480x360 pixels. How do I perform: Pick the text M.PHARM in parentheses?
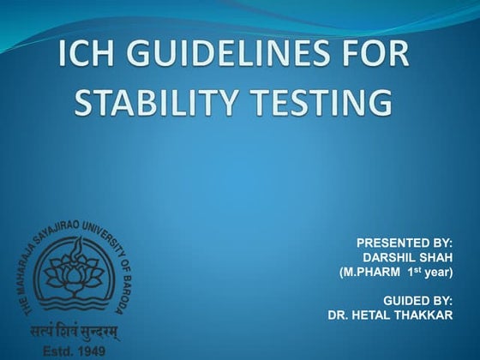(373, 272)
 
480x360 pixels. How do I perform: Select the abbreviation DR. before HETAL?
(339, 315)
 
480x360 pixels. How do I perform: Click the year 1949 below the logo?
(95, 351)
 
